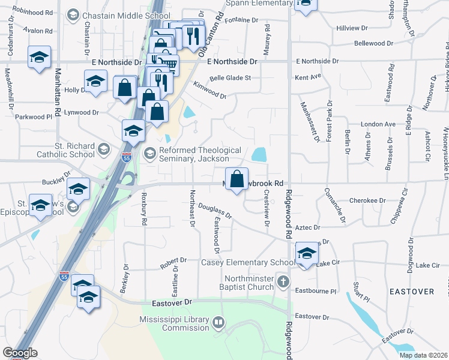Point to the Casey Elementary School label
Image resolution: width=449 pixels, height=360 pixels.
(247, 263)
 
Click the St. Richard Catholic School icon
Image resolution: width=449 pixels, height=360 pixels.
(104, 149)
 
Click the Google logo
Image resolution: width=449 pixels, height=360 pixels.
(20, 353)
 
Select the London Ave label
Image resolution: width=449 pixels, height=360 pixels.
(378, 124)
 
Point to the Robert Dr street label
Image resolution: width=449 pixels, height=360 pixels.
(173, 263)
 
